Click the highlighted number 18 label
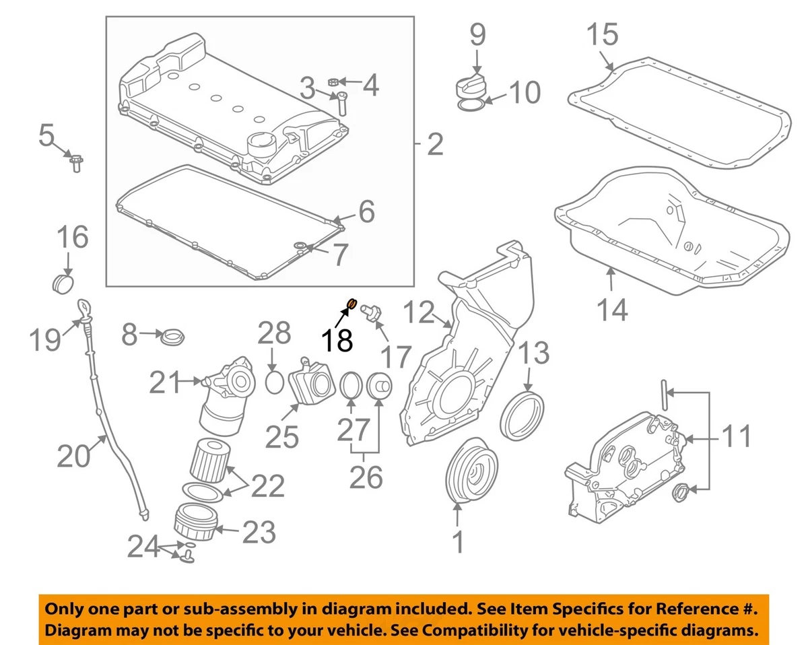[337, 341]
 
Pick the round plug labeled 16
[63, 282]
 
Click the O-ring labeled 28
[274, 382]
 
